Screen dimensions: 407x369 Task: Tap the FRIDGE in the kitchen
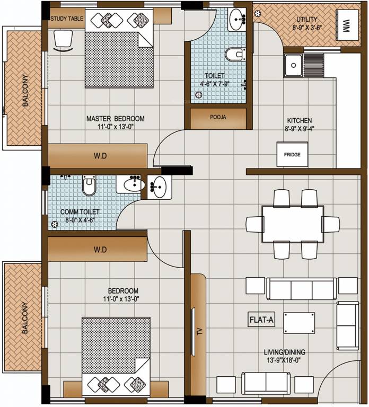point(292,154)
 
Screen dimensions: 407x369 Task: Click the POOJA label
point(218,118)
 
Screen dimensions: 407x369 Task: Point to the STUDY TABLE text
point(67,19)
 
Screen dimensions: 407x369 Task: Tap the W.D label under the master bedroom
point(100,156)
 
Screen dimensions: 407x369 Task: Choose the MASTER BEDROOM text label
point(115,119)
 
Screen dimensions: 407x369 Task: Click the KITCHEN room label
point(300,120)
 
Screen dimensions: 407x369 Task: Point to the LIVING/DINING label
point(286,352)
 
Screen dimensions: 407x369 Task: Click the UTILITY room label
point(307,19)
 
